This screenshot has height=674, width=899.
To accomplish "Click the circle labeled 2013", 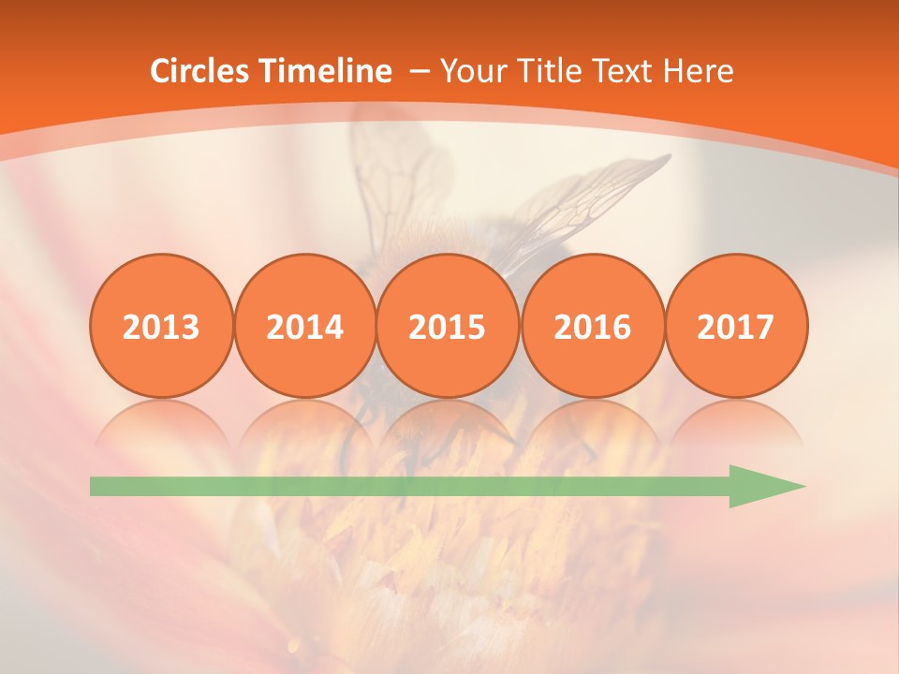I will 161,326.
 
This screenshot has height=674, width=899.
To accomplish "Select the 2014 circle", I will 304,326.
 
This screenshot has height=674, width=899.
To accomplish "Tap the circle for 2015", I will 448,326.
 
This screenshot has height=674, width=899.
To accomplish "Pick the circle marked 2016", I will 592,326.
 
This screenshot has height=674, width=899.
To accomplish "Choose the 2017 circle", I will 736,326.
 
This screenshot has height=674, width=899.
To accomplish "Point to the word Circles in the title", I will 200,71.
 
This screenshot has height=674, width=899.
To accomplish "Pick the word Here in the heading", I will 698,71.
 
